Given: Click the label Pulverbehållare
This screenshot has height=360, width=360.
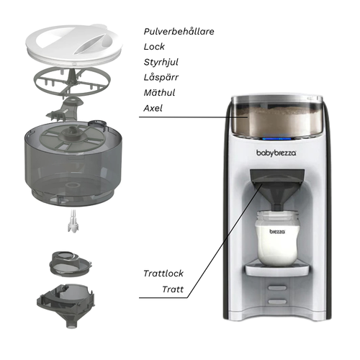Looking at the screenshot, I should pyautogui.click(x=179, y=32).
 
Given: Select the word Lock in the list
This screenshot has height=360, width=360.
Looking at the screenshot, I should pyautogui.click(x=154, y=47).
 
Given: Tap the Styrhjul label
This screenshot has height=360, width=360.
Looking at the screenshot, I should pyautogui.click(x=161, y=62).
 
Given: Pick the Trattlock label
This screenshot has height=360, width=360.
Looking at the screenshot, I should pyautogui.click(x=163, y=274).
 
